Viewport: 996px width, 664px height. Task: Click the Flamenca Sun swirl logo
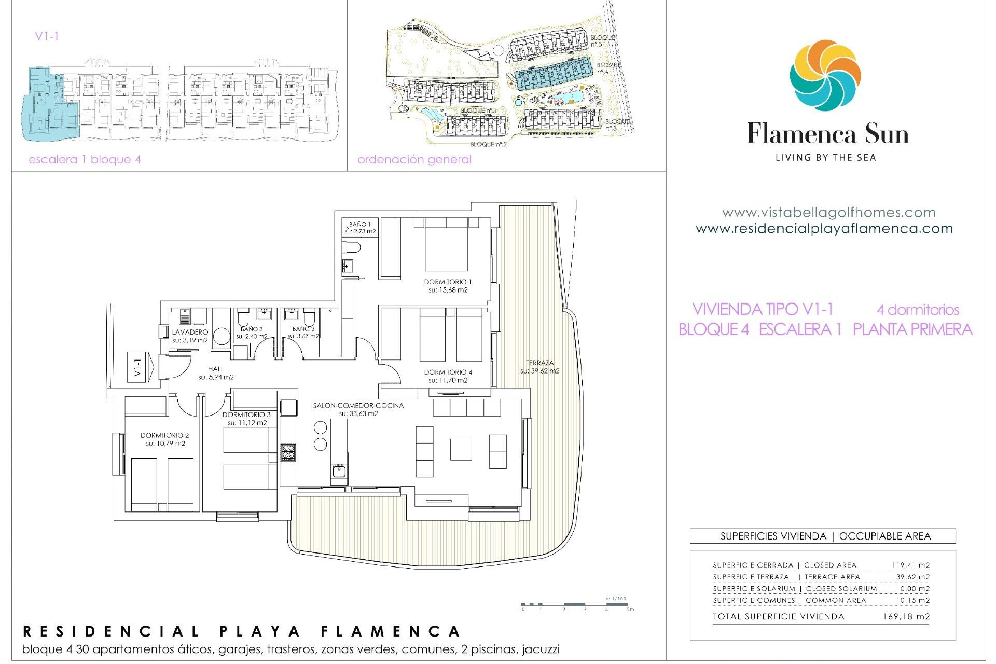click(x=825, y=75)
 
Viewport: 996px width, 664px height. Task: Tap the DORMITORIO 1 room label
click(x=448, y=282)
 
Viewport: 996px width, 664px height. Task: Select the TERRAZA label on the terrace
click(x=539, y=363)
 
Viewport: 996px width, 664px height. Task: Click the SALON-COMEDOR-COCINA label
click(x=358, y=406)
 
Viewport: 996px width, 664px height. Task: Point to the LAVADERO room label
click(x=190, y=332)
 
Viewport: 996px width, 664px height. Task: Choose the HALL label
click(x=216, y=369)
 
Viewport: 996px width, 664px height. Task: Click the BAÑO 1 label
click(x=359, y=225)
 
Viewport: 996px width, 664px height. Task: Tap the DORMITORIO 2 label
click(x=164, y=435)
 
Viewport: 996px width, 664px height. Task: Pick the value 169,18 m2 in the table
click(x=906, y=617)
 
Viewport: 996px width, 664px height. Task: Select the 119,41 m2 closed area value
click(x=910, y=565)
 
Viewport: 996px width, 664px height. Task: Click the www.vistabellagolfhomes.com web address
click(x=828, y=213)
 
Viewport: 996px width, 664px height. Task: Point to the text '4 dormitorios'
click(x=918, y=310)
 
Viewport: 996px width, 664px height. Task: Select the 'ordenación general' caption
click(x=414, y=160)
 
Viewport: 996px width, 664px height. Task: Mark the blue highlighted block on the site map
click(x=554, y=74)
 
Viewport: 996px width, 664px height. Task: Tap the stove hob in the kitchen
click(x=288, y=452)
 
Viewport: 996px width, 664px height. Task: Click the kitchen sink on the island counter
click(x=339, y=472)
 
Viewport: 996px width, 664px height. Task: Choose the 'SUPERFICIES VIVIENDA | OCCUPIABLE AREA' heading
click(x=825, y=536)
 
